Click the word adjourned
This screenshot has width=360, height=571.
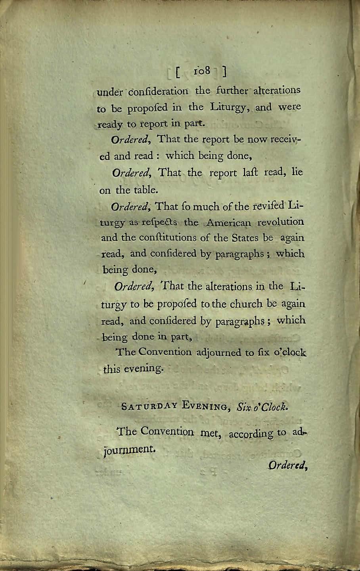[x=218, y=352]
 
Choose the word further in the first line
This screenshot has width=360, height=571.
[x=232, y=91]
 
